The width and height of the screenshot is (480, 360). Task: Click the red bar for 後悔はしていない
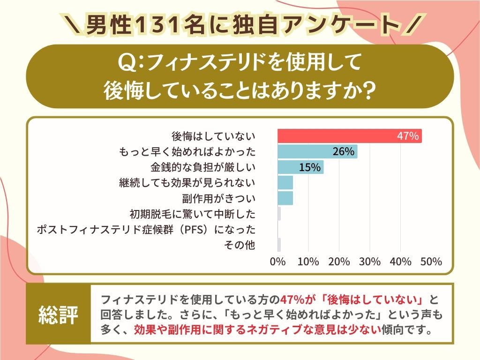[x=349, y=136]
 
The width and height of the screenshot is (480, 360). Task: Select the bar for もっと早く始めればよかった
[x=317, y=151]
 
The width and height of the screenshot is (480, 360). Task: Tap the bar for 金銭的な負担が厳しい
[x=300, y=167]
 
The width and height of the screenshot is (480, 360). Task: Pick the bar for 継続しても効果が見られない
[x=285, y=182]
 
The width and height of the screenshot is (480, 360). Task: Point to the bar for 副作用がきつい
[x=285, y=198]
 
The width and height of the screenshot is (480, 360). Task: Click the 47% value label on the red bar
[x=407, y=136]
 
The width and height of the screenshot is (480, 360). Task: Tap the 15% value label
[x=309, y=167]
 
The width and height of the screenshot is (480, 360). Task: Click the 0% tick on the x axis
[x=278, y=262]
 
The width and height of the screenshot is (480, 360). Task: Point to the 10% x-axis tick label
[x=308, y=262]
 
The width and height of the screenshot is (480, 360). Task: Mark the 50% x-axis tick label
[x=431, y=262]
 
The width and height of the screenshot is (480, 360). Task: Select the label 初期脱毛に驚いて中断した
[x=193, y=214]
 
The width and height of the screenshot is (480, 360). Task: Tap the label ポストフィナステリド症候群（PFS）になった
[x=146, y=230]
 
